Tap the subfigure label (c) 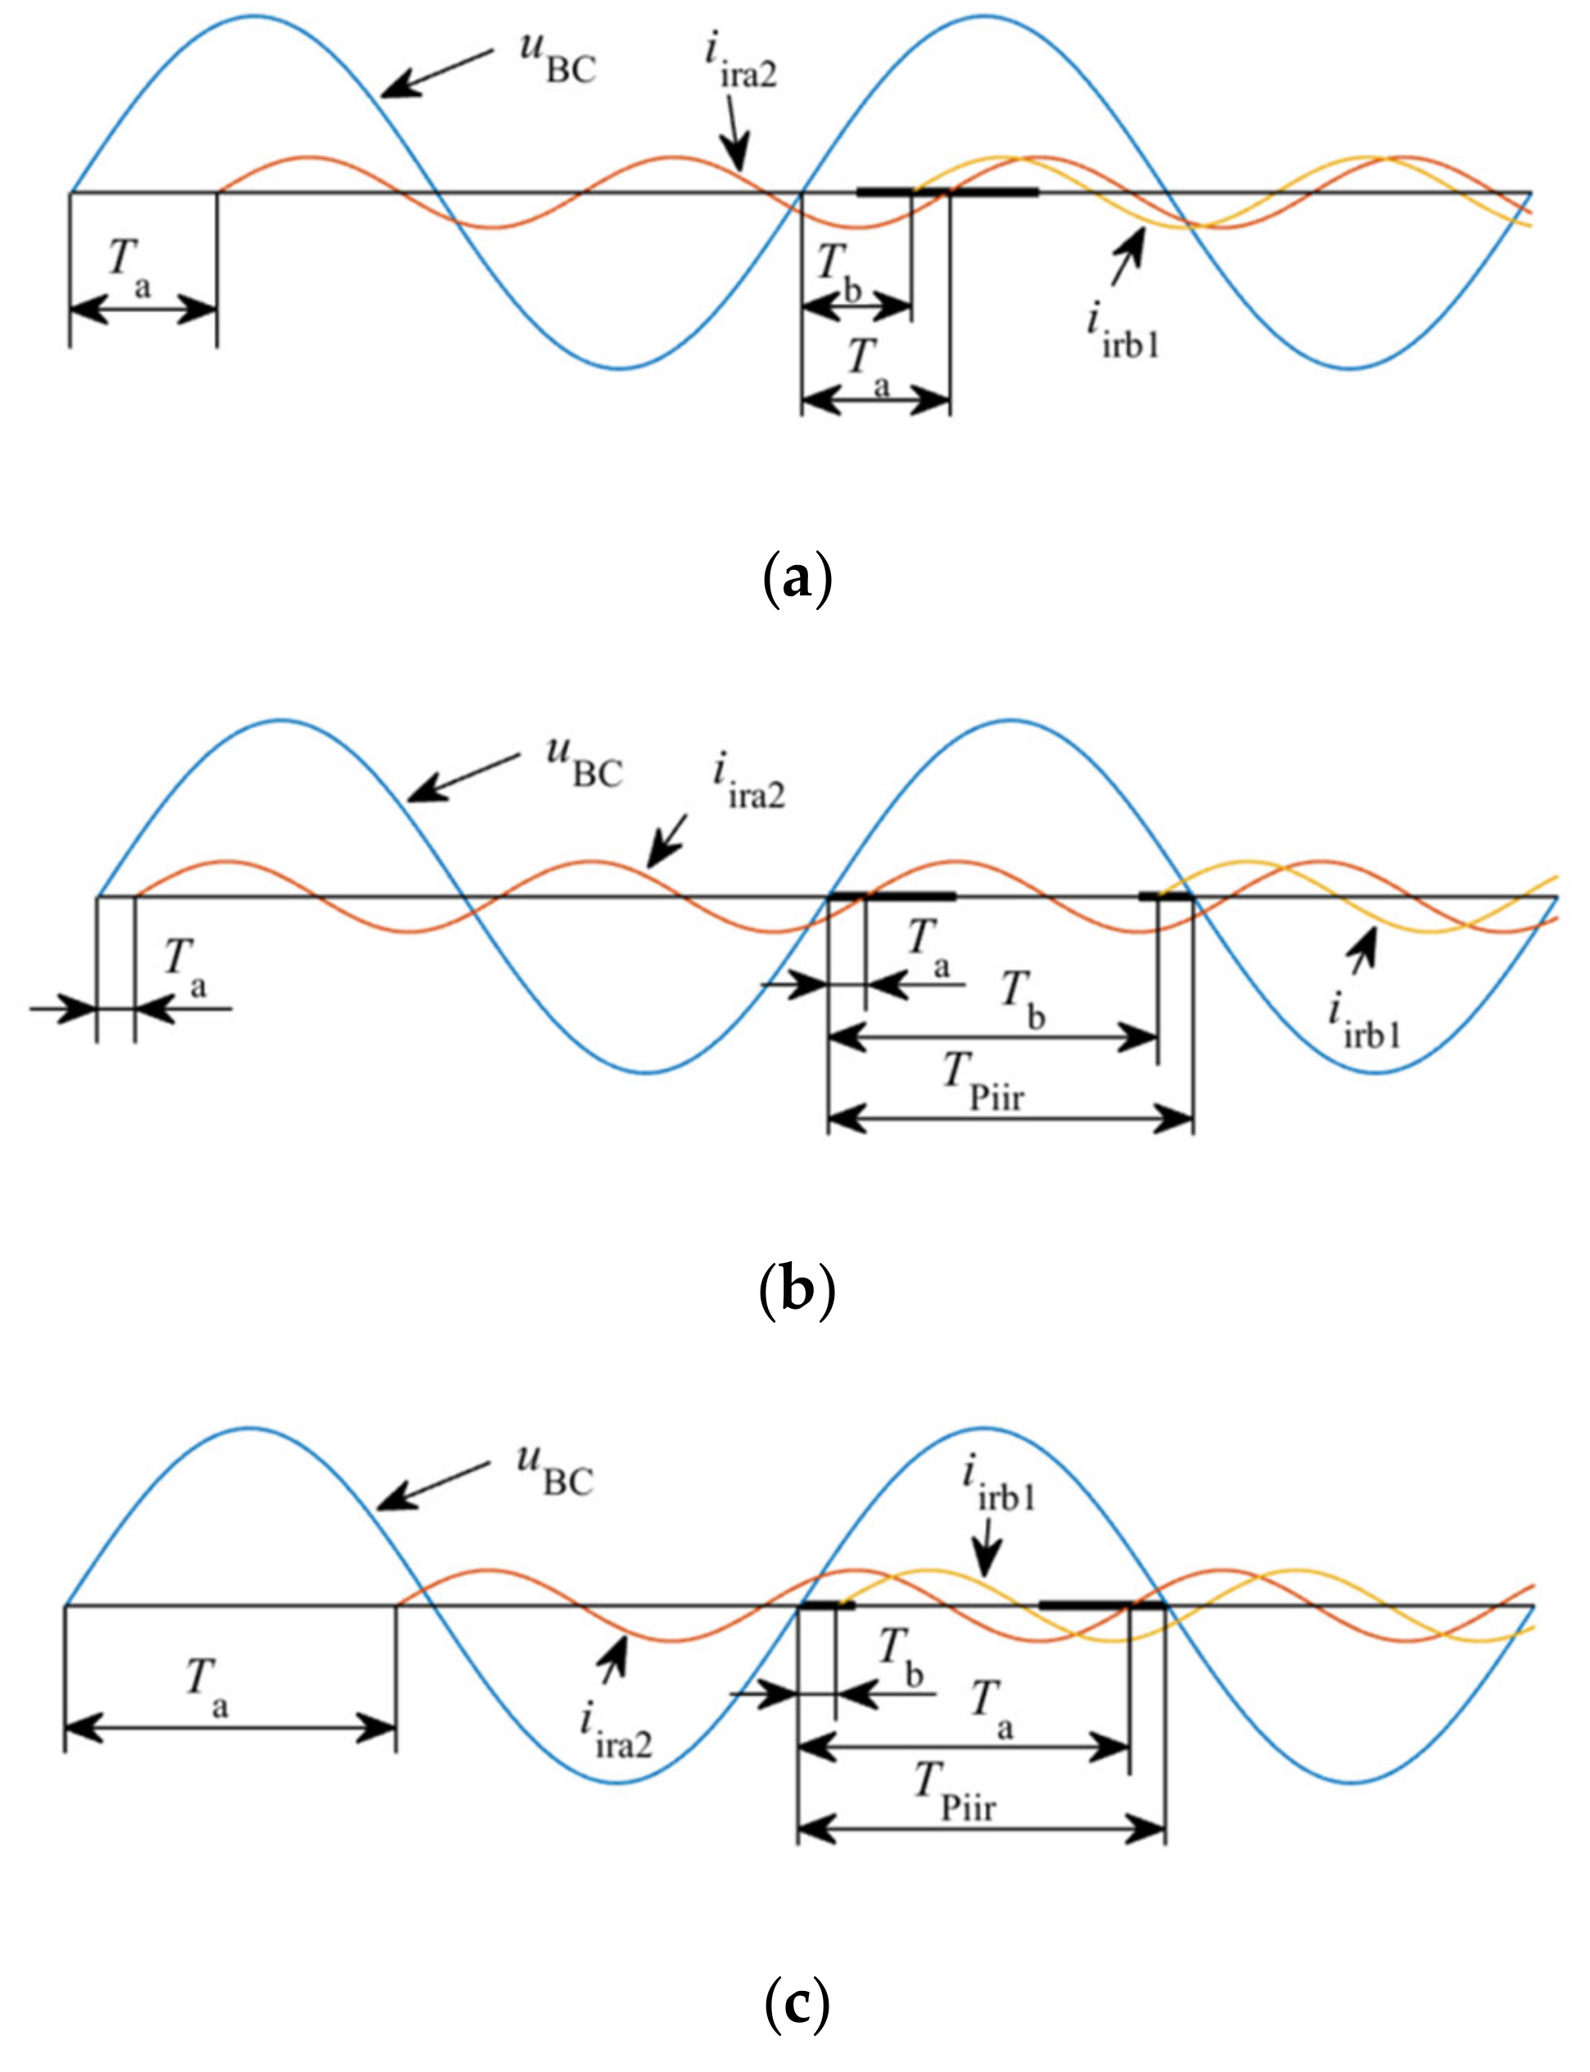(796, 2000)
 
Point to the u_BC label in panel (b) (584, 763)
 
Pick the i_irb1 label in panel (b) (1363, 1022)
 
